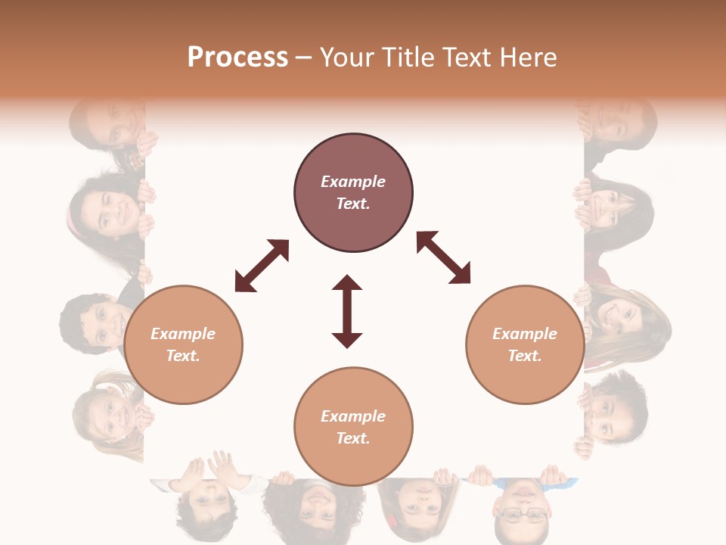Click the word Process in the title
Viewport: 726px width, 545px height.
[x=237, y=58]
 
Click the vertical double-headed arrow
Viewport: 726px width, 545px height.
[x=347, y=312]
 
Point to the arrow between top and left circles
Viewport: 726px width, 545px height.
[x=262, y=266]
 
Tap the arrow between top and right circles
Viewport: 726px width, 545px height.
[x=443, y=257]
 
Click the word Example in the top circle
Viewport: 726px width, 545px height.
[x=353, y=182]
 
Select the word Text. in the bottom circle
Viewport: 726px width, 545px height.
[x=353, y=438]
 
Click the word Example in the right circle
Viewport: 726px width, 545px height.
[x=525, y=334]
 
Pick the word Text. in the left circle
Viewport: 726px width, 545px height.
[x=183, y=356]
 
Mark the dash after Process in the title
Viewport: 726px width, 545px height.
[x=304, y=58]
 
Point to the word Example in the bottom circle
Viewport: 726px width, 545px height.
[x=353, y=416]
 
